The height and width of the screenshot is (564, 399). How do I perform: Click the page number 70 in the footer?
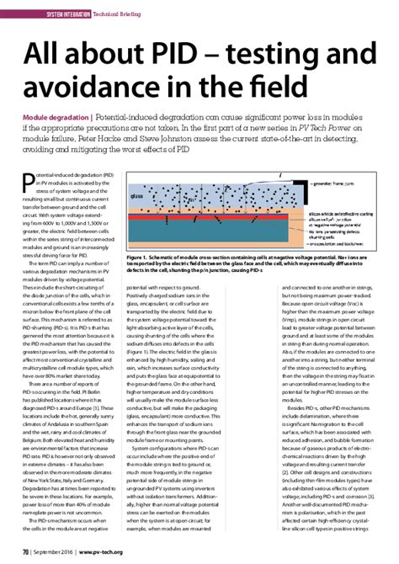pyautogui.click(x=25, y=551)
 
